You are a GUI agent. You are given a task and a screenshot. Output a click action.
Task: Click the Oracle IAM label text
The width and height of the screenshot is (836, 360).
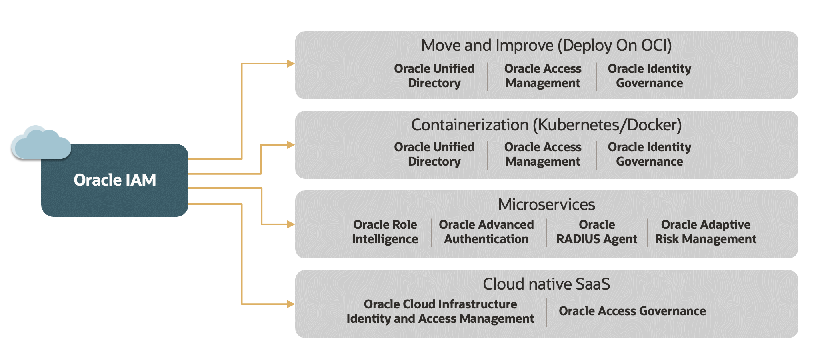[115, 180]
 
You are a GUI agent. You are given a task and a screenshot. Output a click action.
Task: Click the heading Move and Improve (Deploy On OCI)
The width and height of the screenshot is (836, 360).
[546, 46]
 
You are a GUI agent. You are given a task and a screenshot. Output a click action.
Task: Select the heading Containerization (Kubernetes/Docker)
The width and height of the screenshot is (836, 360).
[546, 125]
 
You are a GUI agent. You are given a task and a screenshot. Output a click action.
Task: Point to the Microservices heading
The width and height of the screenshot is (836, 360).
[546, 205]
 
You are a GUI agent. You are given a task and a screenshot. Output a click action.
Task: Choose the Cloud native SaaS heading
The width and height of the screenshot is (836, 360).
[546, 284]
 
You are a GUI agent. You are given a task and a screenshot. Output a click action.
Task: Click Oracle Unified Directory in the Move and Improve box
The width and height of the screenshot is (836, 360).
[434, 76]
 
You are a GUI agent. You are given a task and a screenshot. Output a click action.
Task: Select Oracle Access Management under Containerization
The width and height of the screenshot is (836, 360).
[543, 154]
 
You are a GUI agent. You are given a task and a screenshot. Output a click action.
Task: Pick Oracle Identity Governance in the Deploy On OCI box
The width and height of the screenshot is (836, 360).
[650, 76]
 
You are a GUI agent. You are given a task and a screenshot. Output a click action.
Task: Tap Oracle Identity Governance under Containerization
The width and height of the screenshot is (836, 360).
[650, 154]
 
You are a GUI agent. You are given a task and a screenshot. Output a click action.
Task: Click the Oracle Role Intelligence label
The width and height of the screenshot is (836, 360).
[385, 232]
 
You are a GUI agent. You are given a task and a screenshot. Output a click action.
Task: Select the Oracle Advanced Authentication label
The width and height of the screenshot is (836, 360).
[486, 232]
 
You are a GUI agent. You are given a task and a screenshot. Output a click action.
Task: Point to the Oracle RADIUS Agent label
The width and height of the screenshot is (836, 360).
[597, 232]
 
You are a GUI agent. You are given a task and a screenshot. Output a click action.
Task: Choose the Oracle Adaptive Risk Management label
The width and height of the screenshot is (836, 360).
[706, 232]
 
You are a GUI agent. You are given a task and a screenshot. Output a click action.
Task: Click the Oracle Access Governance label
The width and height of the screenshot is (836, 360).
[632, 311]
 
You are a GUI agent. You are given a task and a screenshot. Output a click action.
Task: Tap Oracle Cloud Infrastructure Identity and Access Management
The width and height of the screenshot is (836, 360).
[440, 312]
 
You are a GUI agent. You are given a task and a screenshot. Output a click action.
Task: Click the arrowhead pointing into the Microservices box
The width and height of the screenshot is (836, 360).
[291, 224]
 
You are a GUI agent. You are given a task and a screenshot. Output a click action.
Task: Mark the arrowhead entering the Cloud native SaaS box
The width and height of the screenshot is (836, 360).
[291, 304]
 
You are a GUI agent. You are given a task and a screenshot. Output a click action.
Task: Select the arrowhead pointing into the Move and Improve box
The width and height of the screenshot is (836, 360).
[291, 64]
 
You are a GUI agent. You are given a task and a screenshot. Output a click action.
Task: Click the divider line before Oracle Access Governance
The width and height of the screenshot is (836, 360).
[546, 312]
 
